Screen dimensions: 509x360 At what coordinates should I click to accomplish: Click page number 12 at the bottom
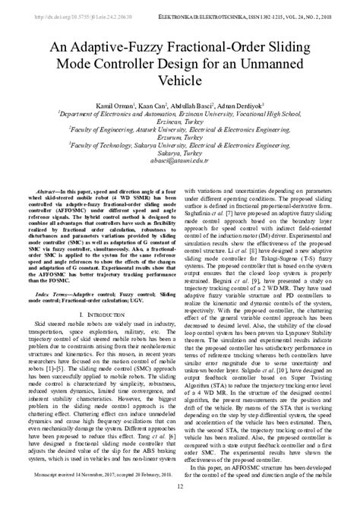[x=180, y=498]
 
